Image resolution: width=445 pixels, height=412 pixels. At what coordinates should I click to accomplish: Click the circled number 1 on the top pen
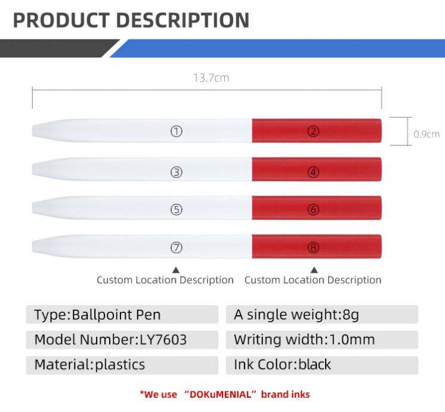click(x=176, y=131)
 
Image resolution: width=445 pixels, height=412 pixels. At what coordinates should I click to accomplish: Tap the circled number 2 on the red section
click(x=313, y=131)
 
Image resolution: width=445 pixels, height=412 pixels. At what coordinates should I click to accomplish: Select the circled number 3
click(x=176, y=172)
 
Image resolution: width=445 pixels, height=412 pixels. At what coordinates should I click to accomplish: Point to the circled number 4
click(x=313, y=172)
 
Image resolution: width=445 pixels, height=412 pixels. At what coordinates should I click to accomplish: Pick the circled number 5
click(x=176, y=210)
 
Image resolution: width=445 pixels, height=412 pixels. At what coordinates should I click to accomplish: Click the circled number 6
click(x=313, y=210)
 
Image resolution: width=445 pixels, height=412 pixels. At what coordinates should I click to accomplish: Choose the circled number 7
click(x=176, y=248)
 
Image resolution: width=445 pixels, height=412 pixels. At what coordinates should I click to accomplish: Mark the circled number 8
click(x=313, y=248)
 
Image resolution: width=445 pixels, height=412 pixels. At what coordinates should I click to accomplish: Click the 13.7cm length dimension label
click(x=211, y=78)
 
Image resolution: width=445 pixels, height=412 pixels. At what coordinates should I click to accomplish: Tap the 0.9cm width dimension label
click(x=427, y=134)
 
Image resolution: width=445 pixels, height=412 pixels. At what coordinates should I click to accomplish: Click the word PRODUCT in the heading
click(x=61, y=20)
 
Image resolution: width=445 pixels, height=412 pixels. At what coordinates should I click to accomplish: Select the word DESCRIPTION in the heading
click(x=183, y=20)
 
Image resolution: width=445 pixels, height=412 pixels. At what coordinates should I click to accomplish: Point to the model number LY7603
click(x=163, y=340)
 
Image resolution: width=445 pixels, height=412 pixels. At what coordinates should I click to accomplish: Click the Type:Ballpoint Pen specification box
click(x=122, y=314)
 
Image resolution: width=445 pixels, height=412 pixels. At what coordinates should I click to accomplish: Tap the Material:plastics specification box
click(x=122, y=365)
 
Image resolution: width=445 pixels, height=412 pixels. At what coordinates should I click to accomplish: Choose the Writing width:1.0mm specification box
click(x=322, y=340)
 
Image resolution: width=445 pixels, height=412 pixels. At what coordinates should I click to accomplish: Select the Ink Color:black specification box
click(x=322, y=365)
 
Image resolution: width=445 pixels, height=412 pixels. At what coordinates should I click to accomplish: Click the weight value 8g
click(x=351, y=315)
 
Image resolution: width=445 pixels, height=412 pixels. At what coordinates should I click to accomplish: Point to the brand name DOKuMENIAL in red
click(x=221, y=394)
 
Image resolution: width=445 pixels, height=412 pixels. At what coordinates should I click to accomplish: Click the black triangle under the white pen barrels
click(x=176, y=270)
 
